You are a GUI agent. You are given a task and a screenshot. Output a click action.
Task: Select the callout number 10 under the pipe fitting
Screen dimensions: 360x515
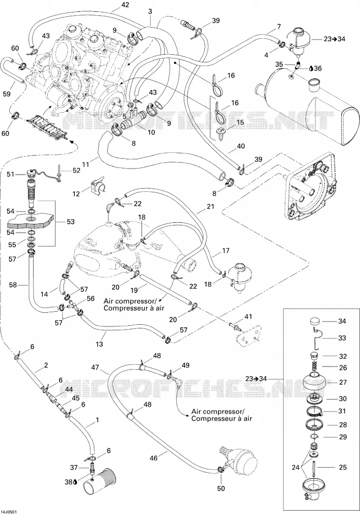tap(151, 133)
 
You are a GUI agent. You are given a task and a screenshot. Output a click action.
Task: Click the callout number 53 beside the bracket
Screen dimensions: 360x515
tap(70, 222)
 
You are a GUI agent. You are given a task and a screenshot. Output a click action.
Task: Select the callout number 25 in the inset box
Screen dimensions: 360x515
tap(343, 467)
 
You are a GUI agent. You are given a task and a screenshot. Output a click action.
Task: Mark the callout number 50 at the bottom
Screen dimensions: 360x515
tap(221, 488)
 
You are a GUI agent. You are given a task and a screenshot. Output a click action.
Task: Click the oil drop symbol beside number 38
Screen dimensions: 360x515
tap(75, 482)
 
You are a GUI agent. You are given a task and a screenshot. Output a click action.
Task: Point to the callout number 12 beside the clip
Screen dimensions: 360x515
tap(76, 194)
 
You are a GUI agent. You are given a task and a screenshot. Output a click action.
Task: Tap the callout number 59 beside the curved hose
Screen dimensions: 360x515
tap(7, 94)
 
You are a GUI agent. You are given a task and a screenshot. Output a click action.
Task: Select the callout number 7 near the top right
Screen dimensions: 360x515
tap(279, 26)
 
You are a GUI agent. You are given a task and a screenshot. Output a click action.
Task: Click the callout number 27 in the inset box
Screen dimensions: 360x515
tap(343, 382)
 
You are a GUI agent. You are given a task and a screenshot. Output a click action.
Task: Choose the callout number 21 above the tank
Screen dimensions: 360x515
tap(210, 207)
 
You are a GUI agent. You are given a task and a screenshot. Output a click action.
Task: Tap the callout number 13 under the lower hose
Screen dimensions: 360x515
tap(99, 344)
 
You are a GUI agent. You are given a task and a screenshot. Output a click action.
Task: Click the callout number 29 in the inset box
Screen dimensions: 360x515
tap(343, 437)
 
